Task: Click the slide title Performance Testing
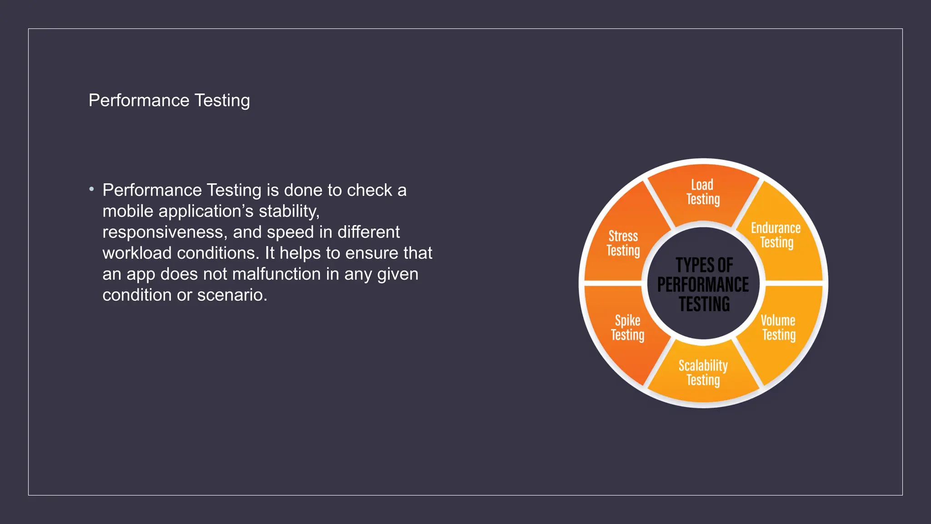169,101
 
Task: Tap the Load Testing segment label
703,192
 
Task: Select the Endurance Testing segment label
776,235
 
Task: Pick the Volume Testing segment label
778,327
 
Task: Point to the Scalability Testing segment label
703,373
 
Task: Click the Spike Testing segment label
627,327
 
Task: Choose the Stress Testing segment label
623,243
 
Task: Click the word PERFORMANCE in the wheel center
703,285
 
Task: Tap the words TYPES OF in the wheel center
704,265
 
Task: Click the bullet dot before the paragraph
92,189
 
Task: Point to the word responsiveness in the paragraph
164,232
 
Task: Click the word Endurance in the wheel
776,228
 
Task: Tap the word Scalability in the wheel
703,365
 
